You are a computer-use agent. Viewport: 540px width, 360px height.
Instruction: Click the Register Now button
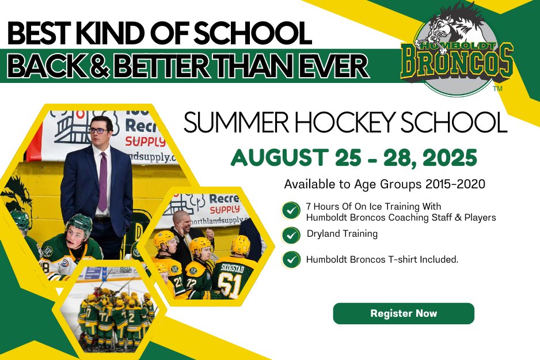[404, 313]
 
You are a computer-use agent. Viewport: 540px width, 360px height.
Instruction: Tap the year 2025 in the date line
[449, 157]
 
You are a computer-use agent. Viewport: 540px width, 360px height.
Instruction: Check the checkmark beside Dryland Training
[291, 234]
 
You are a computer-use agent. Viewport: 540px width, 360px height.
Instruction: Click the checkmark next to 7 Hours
[291, 210]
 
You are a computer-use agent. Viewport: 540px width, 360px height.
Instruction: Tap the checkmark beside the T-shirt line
[291, 259]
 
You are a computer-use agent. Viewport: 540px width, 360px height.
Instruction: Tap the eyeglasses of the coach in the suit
[100, 130]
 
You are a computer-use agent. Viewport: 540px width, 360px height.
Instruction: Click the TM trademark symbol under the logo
[498, 89]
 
